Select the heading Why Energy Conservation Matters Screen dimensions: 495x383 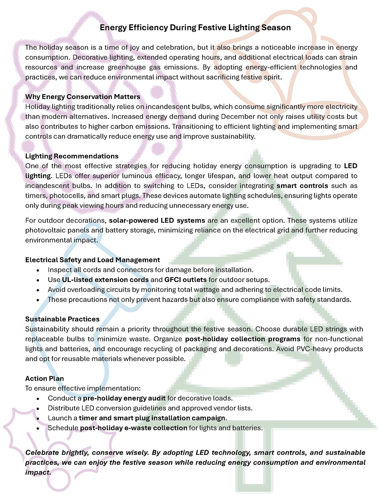coord(82,97)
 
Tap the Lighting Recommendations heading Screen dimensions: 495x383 coord(72,156)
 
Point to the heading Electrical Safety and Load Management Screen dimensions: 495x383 coord(93,260)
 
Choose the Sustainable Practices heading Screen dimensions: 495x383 coord(62,319)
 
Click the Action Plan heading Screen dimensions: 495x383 coord(45,379)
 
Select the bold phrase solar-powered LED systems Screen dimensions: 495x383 coord(157,221)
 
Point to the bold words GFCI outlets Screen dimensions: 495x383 coord(185,280)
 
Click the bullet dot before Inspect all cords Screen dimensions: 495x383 coord(38,270)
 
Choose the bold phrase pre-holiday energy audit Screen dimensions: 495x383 coord(124,398)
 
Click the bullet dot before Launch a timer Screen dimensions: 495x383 coord(38,419)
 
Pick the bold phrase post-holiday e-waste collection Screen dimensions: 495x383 coord(134,428)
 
